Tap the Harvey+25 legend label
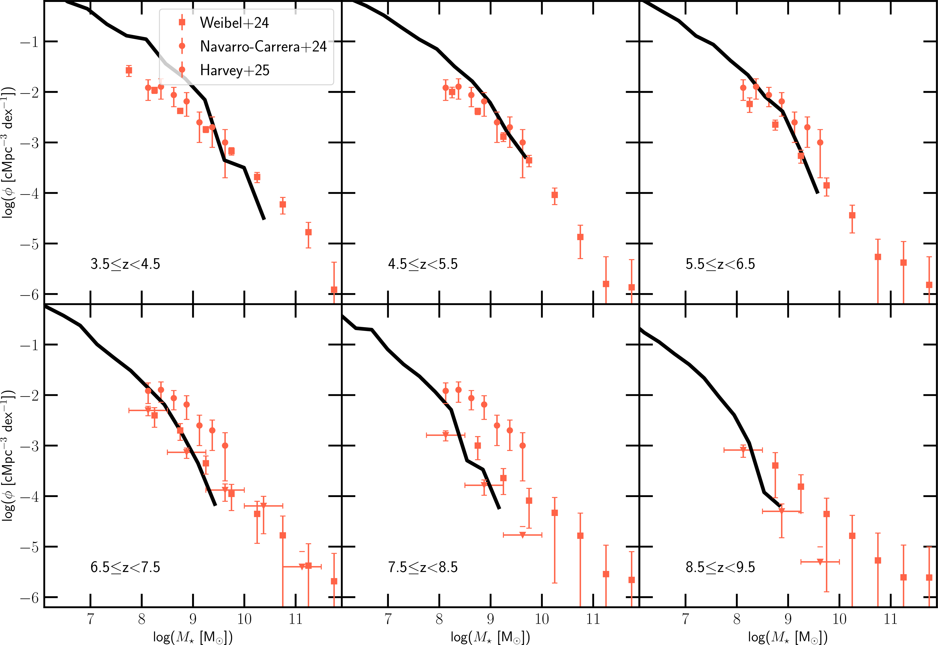point(234,70)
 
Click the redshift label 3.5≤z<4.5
point(125,264)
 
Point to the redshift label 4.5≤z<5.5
point(423,264)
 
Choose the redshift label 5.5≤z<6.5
point(720,264)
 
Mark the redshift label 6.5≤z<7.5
point(125,567)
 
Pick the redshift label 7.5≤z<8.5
point(423,567)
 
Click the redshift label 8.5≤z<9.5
point(720,567)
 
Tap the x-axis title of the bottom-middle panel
point(490,637)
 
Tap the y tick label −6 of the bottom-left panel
point(29,597)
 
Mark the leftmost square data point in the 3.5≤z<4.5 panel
point(129,70)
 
